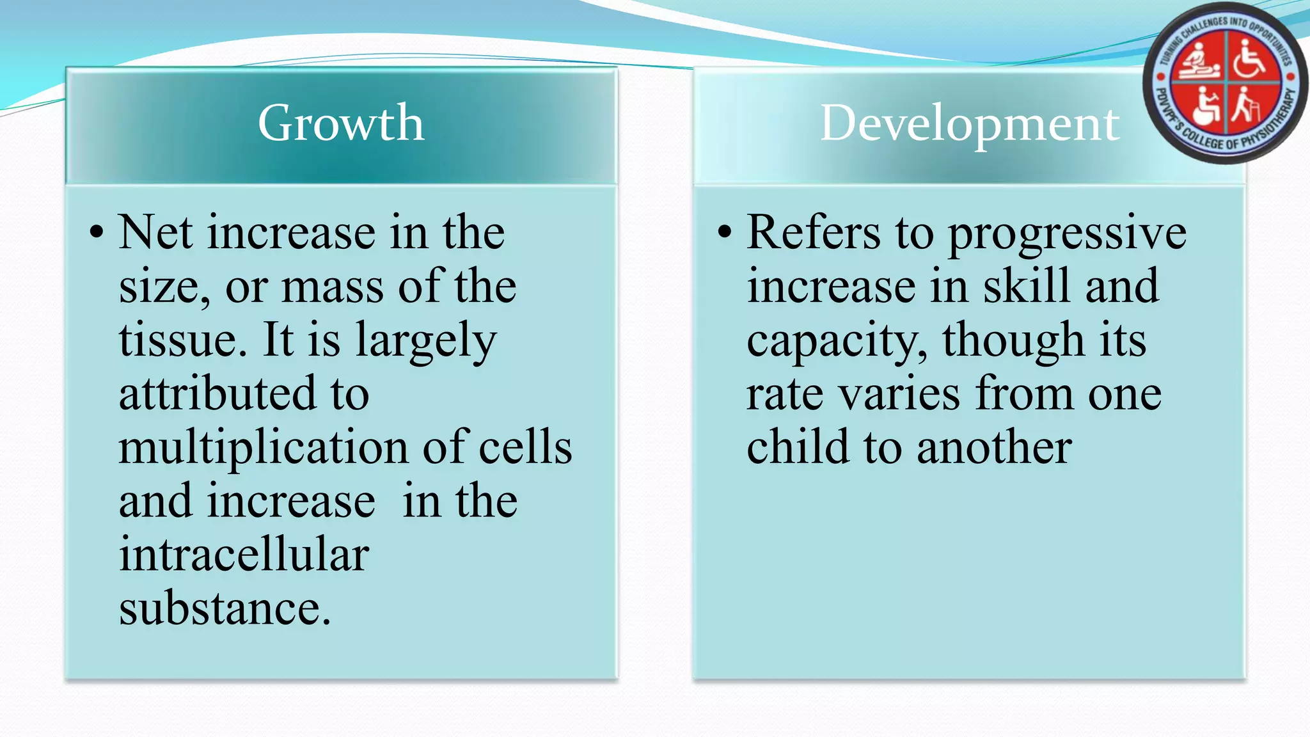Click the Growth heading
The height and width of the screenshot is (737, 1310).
[x=341, y=123]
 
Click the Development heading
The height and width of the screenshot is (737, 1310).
[x=970, y=123]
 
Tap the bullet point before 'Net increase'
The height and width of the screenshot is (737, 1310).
[x=97, y=232]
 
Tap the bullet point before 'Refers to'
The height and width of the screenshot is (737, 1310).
[x=724, y=232]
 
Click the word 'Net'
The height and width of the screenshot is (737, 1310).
[x=155, y=232]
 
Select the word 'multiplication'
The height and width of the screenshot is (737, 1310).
[x=263, y=448]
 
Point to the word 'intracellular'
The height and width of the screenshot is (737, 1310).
[x=244, y=555]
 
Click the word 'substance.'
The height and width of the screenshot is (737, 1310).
[x=225, y=608]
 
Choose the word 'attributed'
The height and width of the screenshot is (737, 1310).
[x=217, y=393]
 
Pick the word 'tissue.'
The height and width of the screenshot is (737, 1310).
[x=182, y=340]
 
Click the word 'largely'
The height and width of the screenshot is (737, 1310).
[x=426, y=341]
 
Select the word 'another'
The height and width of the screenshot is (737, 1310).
[x=994, y=448]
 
